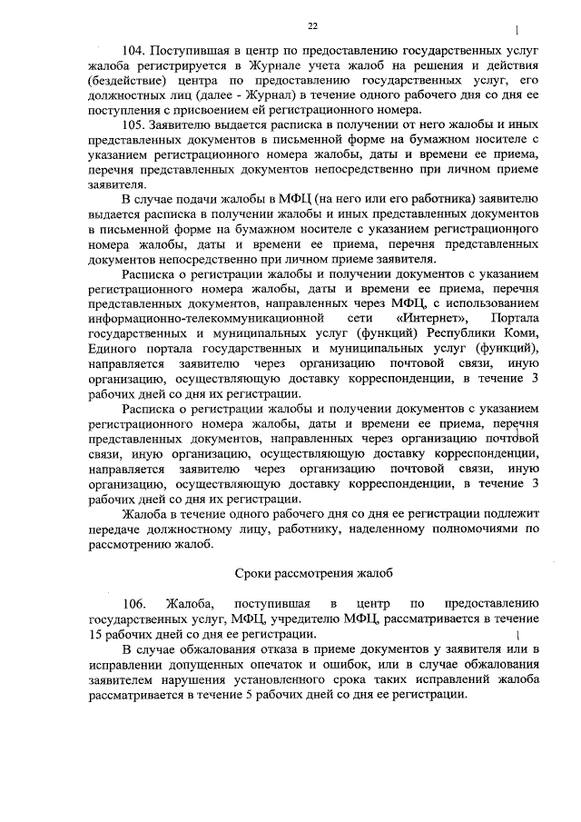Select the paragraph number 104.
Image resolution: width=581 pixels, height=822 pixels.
[133, 51]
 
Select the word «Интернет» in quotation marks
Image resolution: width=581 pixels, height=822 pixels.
[432, 319]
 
